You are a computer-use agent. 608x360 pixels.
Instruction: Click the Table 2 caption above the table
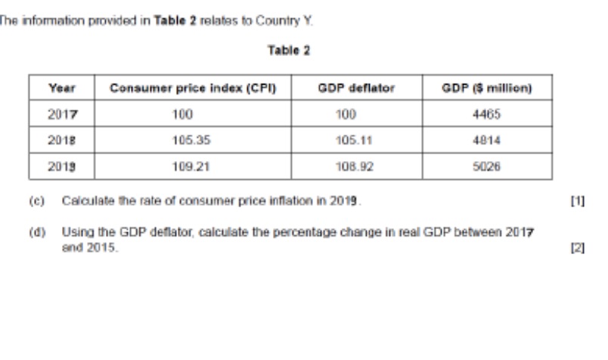(x=288, y=51)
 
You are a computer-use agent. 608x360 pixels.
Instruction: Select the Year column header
(x=61, y=88)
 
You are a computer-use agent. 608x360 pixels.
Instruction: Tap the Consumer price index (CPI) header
(x=193, y=88)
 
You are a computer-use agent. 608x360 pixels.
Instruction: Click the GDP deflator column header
(x=356, y=88)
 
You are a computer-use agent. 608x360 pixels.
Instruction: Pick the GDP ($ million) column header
(x=487, y=88)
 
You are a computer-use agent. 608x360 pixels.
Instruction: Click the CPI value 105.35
(x=192, y=140)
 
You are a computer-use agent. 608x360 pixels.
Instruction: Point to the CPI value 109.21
(x=192, y=166)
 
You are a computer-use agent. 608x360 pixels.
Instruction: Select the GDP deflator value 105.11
(x=356, y=140)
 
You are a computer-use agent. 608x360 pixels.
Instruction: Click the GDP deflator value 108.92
(x=356, y=166)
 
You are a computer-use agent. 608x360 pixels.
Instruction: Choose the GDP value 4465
(x=487, y=114)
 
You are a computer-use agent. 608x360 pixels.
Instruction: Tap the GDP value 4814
(x=487, y=140)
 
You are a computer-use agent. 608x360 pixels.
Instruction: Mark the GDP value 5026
(x=487, y=166)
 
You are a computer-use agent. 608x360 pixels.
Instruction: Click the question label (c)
(x=37, y=201)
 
